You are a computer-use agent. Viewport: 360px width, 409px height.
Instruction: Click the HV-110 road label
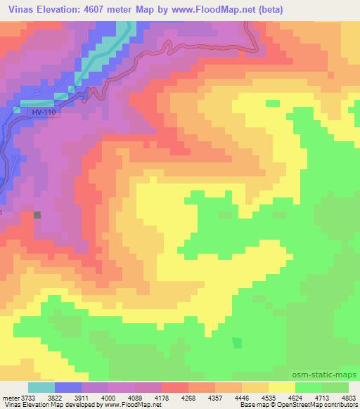pos(44,111)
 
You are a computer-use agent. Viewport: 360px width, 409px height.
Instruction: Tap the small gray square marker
pos(37,215)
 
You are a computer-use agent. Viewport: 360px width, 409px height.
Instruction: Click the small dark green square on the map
pos(236,342)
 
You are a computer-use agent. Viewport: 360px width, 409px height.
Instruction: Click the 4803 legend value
pos(349,396)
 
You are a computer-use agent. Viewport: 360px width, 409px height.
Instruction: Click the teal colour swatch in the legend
pos(41,387)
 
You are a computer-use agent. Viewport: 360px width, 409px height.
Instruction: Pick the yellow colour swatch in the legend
pos(282,387)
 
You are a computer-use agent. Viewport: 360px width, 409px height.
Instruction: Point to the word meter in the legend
pos(12,396)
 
